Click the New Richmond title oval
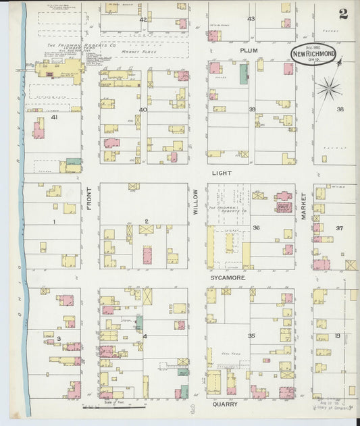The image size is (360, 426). pyautogui.click(x=313, y=54)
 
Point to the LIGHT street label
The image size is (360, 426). pyautogui.click(x=222, y=173)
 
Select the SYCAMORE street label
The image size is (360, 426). pyautogui.click(x=226, y=277)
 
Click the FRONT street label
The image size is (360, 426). pyautogui.click(x=89, y=200)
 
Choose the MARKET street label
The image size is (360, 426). pyautogui.click(x=303, y=205)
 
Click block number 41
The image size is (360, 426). pyautogui.click(x=53, y=117)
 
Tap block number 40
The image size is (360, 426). pyautogui.click(x=143, y=109)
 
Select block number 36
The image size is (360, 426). pyautogui.click(x=256, y=228)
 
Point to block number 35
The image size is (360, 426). pyautogui.click(x=251, y=336)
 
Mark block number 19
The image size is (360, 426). pyautogui.click(x=337, y=336)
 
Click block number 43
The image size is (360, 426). pyautogui.click(x=251, y=18)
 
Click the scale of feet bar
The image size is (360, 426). pyautogui.click(x=113, y=407)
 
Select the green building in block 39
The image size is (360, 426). pyautogui.click(x=243, y=73)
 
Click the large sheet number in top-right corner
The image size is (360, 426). pyautogui.click(x=344, y=14)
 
